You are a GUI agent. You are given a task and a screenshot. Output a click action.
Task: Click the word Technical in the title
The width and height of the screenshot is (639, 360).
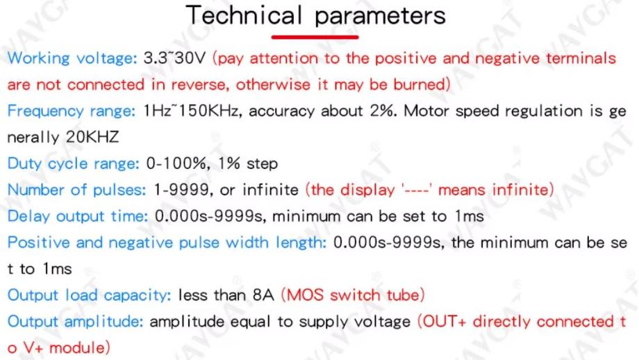pyautogui.click(x=243, y=15)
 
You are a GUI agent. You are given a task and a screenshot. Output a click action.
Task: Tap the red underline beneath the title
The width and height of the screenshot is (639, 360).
pyautogui.click(x=315, y=37)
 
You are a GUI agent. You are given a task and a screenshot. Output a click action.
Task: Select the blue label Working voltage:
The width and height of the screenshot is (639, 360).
pyautogui.click(x=72, y=58)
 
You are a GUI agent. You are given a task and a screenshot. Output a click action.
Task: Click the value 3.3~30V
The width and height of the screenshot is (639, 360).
pyautogui.click(x=174, y=58)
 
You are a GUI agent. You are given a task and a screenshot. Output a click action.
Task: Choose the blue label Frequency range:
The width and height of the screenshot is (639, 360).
pyautogui.click(x=72, y=111)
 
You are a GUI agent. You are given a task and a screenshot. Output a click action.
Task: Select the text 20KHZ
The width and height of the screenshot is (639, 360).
pyautogui.click(x=92, y=137)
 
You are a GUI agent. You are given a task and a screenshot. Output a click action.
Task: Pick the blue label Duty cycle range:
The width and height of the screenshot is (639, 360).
pyautogui.click(x=74, y=164)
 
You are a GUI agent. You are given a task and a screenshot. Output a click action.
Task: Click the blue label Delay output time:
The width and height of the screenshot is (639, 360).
pyautogui.click(x=77, y=217)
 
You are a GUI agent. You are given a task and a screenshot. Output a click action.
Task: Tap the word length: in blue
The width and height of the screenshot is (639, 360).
pyautogui.click(x=301, y=243)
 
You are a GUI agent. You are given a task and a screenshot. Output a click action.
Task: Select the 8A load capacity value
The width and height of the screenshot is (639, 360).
pyautogui.click(x=263, y=295)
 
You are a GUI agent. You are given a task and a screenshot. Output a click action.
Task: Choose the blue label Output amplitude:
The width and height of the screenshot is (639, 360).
pyautogui.click(x=76, y=322)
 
